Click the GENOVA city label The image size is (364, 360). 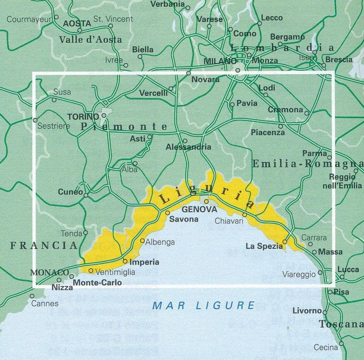click(x=199, y=210)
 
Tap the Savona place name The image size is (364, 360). click(x=184, y=219)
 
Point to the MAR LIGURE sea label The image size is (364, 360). click(x=203, y=305)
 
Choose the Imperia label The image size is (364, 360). click(x=144, y=262)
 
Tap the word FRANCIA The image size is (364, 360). click(x=44, y=245)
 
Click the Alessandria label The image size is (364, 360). click(x=188, y=147)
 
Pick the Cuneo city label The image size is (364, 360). click(x=70, y=192)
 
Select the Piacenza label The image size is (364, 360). click(x=268, y=132)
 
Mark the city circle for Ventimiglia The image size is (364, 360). click(x=91, y=271)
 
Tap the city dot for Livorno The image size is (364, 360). click(x=325, y=312)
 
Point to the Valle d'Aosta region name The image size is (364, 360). click(x=91, y=40)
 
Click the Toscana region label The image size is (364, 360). click(x=341, y=324)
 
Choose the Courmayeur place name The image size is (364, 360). click(x=29, y=19)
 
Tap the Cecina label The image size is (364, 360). click(x=326, y=347)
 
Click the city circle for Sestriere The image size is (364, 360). click(x=35, y=120)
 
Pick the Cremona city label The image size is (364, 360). click(x=285, y=110)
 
